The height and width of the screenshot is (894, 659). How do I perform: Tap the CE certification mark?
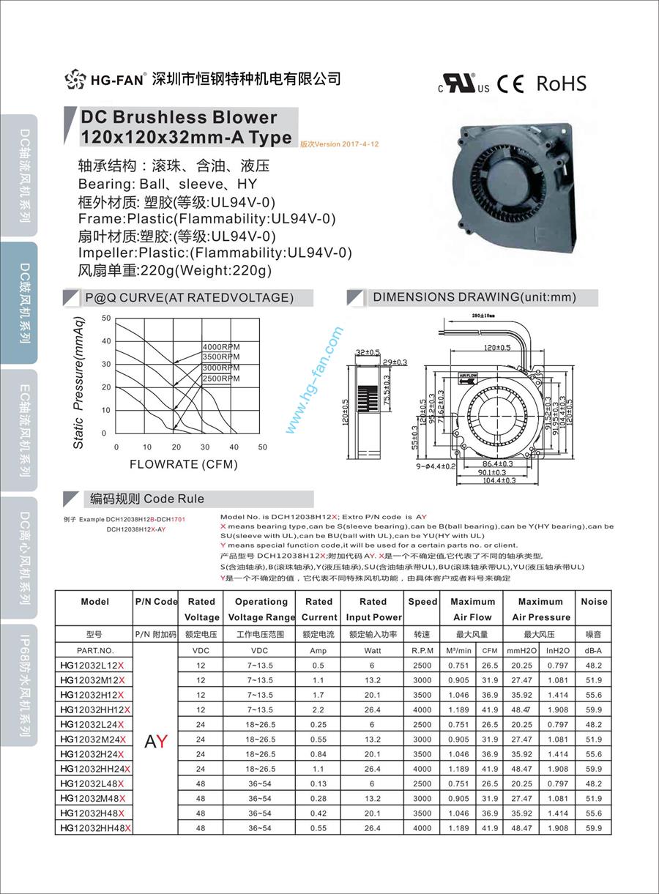[510, 84]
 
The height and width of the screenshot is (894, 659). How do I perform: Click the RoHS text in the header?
[562, 83]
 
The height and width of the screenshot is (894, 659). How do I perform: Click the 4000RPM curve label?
[220, 347]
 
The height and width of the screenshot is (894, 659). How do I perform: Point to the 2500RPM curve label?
[220, 379]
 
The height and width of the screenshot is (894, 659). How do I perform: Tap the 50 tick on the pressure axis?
[106, 319]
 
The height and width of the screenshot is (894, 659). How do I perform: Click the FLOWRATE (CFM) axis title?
[184, 464]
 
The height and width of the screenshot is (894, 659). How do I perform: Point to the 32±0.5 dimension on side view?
[368, 352]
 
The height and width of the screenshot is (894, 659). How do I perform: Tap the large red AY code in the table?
[156, 740]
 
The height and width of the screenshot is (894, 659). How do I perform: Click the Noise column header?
[594, 602]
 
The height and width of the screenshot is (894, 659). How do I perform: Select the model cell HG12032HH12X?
[94, 709]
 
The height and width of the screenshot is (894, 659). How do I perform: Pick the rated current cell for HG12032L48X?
[319, 783]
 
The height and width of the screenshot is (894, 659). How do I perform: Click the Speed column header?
[422, 602]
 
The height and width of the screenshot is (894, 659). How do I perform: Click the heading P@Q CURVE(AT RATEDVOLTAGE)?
[189, 297]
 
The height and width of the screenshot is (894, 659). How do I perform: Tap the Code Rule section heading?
[147, 499]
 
